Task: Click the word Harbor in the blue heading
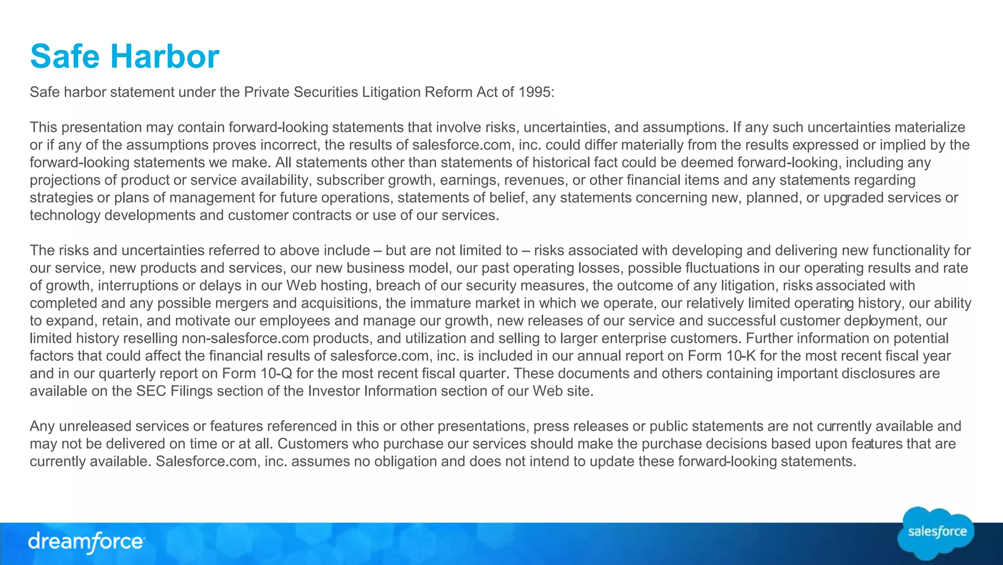[x=165, y=56]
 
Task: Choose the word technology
[x=65, y=216]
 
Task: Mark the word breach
[x=393, y=286]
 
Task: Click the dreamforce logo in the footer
[x=86, y=542]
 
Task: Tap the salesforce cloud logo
[x=936, y=533]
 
